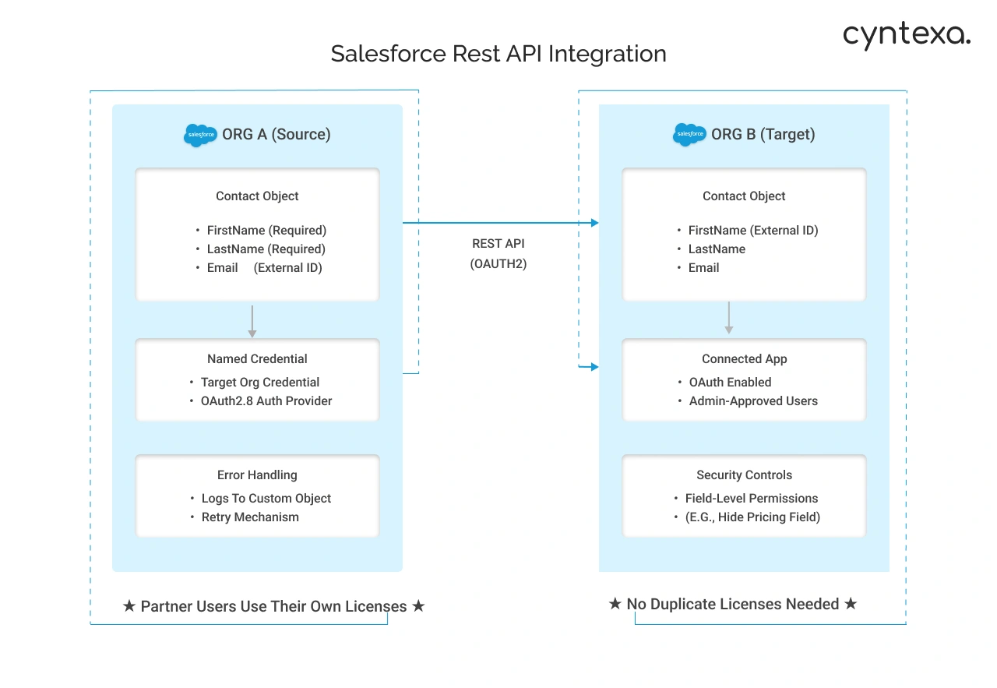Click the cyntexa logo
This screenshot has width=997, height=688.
click(x=906, y=35)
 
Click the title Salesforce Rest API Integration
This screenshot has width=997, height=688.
click(x=498, y=54)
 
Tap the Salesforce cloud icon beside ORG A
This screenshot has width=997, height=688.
click(x=200, y=135)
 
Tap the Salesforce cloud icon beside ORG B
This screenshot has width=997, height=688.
click(x=689, y=135)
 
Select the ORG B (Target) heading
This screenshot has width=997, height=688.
click(x=763, y=134)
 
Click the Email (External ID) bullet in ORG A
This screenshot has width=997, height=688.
click(x=264, y=267)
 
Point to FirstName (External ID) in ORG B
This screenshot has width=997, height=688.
click(x=752, y=230)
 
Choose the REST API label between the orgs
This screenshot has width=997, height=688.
click(x=498, y=243)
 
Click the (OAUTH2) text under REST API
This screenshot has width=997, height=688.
click(x=498, y=263)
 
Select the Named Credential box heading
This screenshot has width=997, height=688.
click(x=257, y=358)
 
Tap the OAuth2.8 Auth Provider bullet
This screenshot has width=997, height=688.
click(x=266, y=400)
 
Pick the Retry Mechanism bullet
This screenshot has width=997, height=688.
click(x=249, y=517)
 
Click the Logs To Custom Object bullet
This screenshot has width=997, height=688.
click(x=266, y=498)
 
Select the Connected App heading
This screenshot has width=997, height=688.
click(x=744, y=358)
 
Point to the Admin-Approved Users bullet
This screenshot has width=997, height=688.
click(x=752, y=400)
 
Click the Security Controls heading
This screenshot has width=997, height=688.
click(x=744, y=475)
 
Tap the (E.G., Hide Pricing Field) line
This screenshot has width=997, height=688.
click(x=752, y=517)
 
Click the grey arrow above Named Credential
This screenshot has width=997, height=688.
click(x=252, y=321)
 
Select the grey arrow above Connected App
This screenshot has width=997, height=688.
click(x=729, y=318)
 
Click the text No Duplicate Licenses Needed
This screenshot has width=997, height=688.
click(x=732, y=604)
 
